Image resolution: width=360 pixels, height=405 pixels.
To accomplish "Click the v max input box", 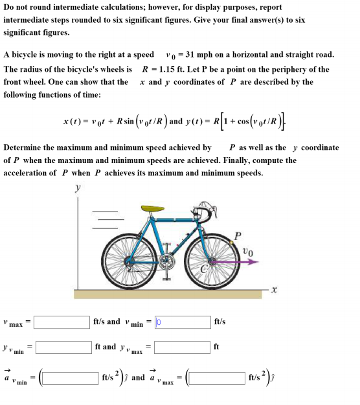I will coord(62,322).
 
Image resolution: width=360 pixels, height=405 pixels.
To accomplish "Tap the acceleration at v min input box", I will coord(70,377).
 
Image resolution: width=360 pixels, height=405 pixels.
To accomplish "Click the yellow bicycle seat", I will coord(153,208).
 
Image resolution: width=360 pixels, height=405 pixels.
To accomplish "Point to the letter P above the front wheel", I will coord(238,235).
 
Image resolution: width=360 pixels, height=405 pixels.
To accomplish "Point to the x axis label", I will coord(274,291).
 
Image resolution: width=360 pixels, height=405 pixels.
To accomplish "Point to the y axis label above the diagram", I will coord(79,188).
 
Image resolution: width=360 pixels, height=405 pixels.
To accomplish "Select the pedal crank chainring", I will coord(166,263).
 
